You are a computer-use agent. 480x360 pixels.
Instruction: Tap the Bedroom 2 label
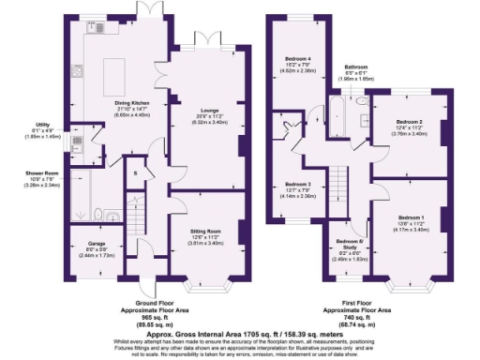click(x=408, y=122)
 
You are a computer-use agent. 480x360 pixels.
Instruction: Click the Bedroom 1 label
click(x=410, y=218)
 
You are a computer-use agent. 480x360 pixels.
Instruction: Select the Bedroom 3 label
click(x=297, y=184)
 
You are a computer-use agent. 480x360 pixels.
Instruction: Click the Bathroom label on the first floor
click(x=355, y=67)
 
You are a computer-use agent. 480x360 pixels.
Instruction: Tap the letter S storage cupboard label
click(x=136, y=173)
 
